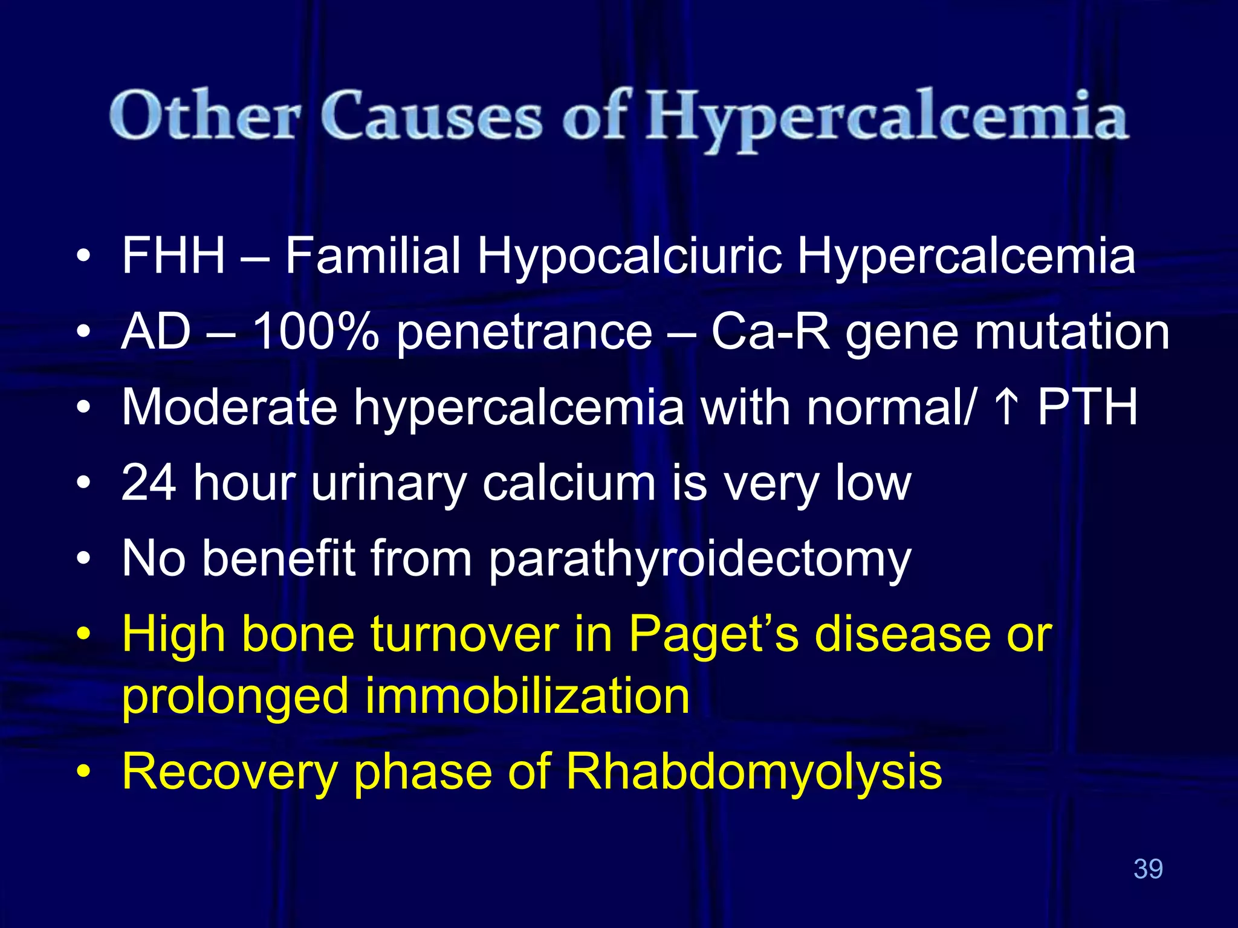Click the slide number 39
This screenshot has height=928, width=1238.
pyautogui.click(x=1148, y=869)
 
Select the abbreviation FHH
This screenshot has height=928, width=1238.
pyautogui.click(x=173, y=256)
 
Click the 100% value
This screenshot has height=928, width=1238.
pyautogui.click(x=316, y=332)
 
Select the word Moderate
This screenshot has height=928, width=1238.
pyautogui.click(x=229, y=407)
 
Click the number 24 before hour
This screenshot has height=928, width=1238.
pyautogui.click(x=149, y=483)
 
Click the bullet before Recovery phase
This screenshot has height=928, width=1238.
pyautogui.click(x=84, y=773)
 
